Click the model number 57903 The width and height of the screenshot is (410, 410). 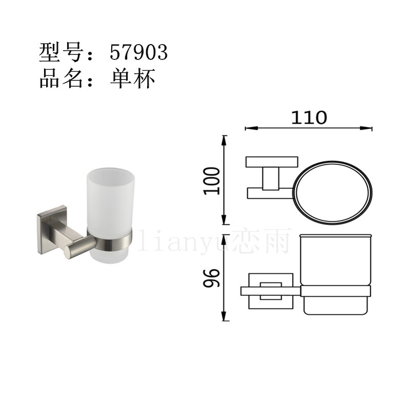pos(138,52)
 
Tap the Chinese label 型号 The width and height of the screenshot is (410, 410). pos(61,52)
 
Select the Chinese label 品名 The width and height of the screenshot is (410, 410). pos(61,78)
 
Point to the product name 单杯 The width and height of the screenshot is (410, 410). pos(133,78)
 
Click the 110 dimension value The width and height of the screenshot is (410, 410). pos(309,118)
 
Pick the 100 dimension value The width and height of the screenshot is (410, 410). pos(212,181)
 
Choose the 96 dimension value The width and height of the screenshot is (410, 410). pos(211,278)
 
